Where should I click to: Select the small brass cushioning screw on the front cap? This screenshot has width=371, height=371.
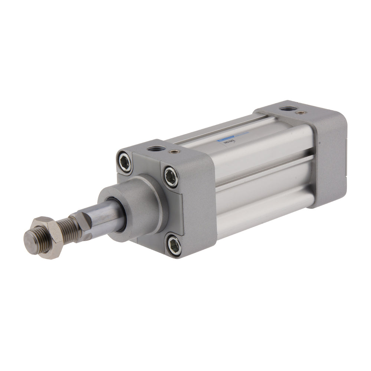172,151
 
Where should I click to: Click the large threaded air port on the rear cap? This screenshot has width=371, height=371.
286,109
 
